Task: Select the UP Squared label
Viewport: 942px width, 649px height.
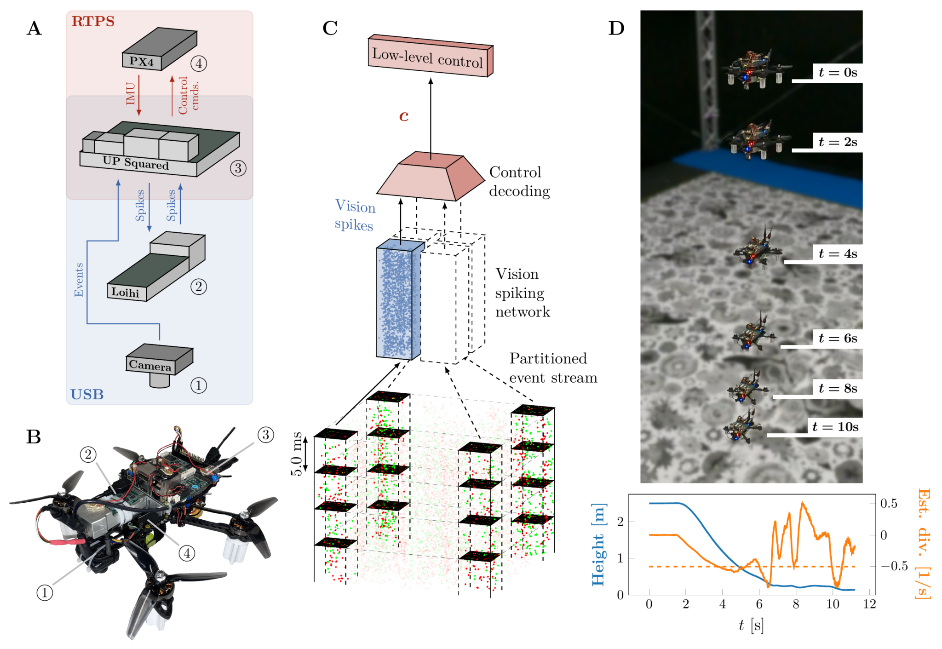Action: (136, 162)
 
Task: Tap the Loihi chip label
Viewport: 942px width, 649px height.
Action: (125, 292)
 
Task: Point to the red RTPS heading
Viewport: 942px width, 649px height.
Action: (93, 21)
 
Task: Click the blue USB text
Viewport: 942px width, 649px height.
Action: (86, 394)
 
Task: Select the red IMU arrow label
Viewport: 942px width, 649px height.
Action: (131, 94)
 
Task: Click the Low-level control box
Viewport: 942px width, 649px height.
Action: (428, 57)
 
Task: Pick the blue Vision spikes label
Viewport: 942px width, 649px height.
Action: (355, 215)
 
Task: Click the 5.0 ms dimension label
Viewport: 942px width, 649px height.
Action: (297, 454)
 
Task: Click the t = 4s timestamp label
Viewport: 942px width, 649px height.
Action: (838, 254)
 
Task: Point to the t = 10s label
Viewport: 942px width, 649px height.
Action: (835, 427)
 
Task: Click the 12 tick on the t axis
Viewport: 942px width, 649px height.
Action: (869, 604)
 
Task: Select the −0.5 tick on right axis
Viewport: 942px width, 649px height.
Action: (894, 566)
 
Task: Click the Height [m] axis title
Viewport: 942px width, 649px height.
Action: (598, 545)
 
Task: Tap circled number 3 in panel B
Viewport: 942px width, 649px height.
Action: (265, 435)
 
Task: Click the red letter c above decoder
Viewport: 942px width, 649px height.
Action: (404, 115)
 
